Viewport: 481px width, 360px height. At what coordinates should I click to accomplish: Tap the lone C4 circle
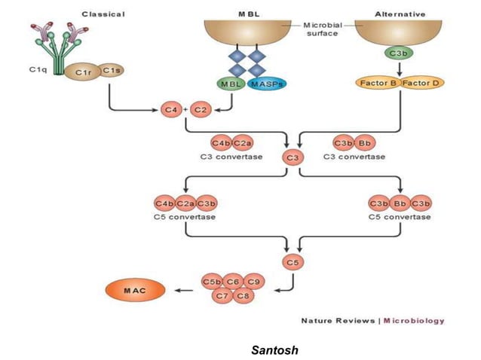click(172, 110)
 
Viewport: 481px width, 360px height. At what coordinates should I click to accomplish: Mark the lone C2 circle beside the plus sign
click(201, 110)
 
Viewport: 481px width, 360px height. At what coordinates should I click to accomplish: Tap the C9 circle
click(254, 282)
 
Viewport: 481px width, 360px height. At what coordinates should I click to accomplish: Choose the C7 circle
click(222, 296)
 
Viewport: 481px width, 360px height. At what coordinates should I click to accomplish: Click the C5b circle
click(211, 282)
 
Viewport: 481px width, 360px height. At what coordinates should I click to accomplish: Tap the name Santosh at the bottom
click(276, 349)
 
